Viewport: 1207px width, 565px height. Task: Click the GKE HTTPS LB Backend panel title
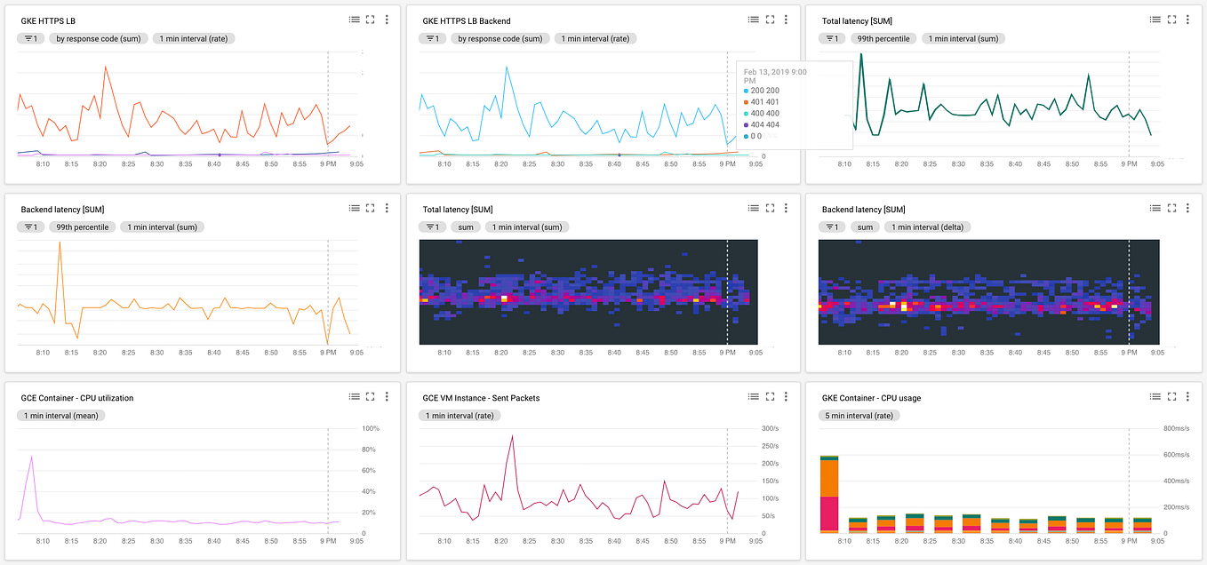coord(466,20)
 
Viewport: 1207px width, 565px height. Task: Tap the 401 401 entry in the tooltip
coord(763,102)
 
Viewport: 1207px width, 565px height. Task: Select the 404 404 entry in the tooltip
coord(763,125)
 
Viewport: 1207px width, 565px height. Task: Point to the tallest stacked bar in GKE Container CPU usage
coord(829,494)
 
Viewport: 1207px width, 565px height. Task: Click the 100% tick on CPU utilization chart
coord(372,428)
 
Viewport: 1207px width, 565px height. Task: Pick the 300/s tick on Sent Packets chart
coord(769,428)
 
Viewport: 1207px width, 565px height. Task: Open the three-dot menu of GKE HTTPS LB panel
coord(387,20)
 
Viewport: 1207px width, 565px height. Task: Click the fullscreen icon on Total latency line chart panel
coord(1171,20)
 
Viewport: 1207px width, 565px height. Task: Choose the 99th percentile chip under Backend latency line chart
coord(82,227)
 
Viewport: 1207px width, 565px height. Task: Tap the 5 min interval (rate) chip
coord(859,416)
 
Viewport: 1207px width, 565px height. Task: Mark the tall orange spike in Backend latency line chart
coord(60,243)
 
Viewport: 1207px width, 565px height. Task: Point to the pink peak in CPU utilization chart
coord(32,457)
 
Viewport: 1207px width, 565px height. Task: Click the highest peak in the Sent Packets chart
coord(512,436)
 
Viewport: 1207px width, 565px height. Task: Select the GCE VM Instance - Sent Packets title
coord(481,398)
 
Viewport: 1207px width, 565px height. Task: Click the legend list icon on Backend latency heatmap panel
coord(1155,208)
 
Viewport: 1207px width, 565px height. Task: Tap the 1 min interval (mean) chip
coord(60,416)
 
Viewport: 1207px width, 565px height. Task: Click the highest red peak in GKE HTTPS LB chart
coord(105,66)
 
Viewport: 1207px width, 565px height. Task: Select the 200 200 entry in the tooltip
coord(763,91)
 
